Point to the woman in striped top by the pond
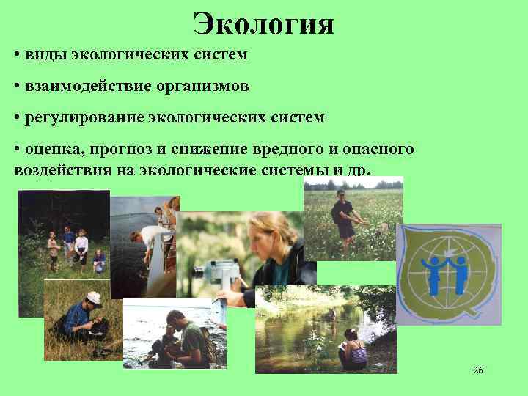coord(354,348)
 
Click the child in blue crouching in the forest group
coord(98,262)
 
